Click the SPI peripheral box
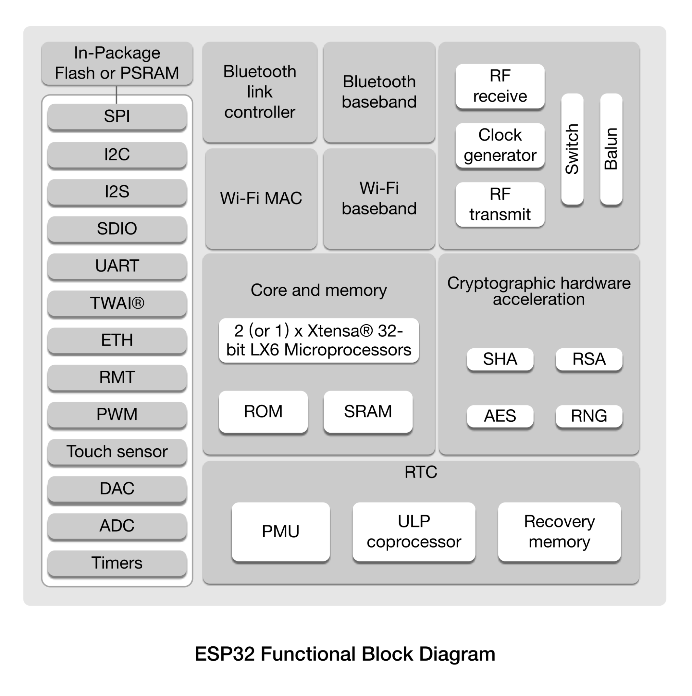pos(117,116)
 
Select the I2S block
pos(117,191)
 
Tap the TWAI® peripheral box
pos(117,303)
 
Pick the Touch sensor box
pos(117,452)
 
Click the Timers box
pos(117,563)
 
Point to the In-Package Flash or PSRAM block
pos(117,63)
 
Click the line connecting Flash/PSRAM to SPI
pos(116,95)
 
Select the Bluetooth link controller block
pos(260,92)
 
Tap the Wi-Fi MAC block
pos(261,198)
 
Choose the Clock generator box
pos(500,145)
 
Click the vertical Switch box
pos(572,149)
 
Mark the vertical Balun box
pos(611,149)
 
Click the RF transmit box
pos(500,204)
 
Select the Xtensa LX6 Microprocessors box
pos(319,341)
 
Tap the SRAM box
pos(368,412)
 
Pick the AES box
pos(500,416)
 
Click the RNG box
pos(589,416)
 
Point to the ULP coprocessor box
pos(414,532)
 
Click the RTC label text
pos(421,472)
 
